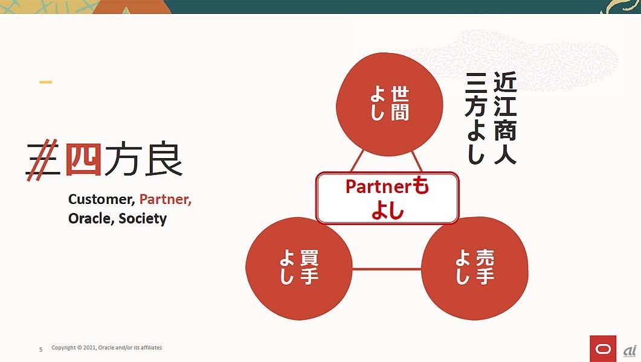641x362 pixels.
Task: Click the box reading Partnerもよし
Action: [387, 198]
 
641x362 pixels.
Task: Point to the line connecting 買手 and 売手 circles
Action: [387, 269]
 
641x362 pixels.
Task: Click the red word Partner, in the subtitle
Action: [165, 199]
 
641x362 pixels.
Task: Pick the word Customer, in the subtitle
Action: [101, 200]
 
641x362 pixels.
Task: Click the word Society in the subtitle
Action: [143, 218]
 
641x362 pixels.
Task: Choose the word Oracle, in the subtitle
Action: [91, 218]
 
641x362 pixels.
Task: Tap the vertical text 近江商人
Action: [504, 118]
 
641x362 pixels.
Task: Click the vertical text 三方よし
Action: [477, 118]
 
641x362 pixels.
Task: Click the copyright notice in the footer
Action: [107, 348]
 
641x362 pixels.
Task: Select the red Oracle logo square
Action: [602, 348]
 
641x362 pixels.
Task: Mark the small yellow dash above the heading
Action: [45, 82]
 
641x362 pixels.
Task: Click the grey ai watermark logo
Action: [629, 351]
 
